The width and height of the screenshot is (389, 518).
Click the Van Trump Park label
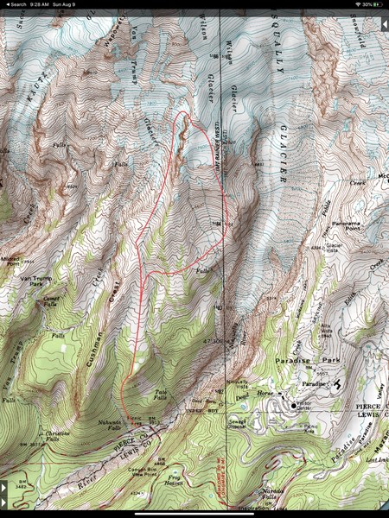(x=31, y=281)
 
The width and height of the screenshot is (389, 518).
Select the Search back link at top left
(x=13, y=3)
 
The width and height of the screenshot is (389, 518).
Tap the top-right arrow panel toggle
(x=384, y=25)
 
